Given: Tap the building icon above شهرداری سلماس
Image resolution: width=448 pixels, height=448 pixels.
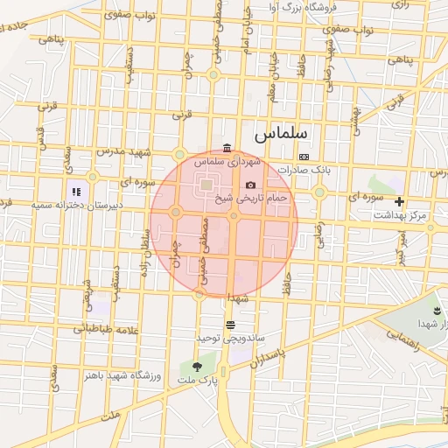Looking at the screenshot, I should tap(227, 147).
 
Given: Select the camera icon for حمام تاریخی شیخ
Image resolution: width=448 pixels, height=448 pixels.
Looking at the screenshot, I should tap(251, 185).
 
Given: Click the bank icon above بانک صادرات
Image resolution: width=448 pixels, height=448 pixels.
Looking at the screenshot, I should tap(304, 157).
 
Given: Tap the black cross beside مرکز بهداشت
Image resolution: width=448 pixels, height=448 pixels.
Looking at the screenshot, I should tap(399, 201).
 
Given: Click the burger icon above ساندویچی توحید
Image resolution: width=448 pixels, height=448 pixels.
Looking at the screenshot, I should tap(229, 324).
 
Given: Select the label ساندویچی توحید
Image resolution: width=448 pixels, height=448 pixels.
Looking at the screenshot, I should tap(230, 337).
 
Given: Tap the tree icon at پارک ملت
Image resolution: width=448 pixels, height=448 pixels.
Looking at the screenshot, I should tap(196, 367).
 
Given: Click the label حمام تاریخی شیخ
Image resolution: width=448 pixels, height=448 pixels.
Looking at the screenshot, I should tap(252, 199).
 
